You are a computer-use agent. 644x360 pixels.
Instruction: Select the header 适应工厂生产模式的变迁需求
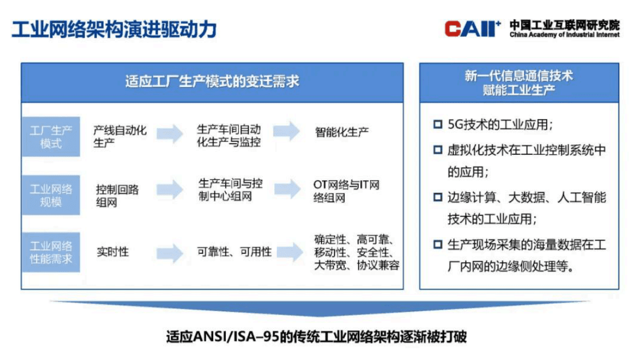(x=212, y=82)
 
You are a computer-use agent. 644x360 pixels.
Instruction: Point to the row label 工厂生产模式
(x=51, y=137)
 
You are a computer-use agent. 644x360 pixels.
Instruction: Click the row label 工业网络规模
(x=51, y=195)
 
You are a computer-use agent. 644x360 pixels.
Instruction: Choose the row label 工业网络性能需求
(x=51, y=252)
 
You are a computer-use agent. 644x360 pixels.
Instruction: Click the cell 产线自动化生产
(x=120, y=137)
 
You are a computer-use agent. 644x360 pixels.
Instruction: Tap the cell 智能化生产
(x=342, y=132)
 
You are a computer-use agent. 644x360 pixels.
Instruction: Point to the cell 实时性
(x=113, y=252)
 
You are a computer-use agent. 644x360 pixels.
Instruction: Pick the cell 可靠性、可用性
(x=234, y=252)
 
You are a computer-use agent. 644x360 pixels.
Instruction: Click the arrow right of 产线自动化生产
(x=170, y=133)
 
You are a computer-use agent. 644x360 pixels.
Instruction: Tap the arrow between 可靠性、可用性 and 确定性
(x=288, y=251)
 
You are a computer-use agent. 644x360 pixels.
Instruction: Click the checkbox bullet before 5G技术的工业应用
(x=438, y=125)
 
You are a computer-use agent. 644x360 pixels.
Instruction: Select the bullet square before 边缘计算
(x=438, y=197)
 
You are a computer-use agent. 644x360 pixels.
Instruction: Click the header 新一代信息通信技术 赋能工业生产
(x=518, y=82)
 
